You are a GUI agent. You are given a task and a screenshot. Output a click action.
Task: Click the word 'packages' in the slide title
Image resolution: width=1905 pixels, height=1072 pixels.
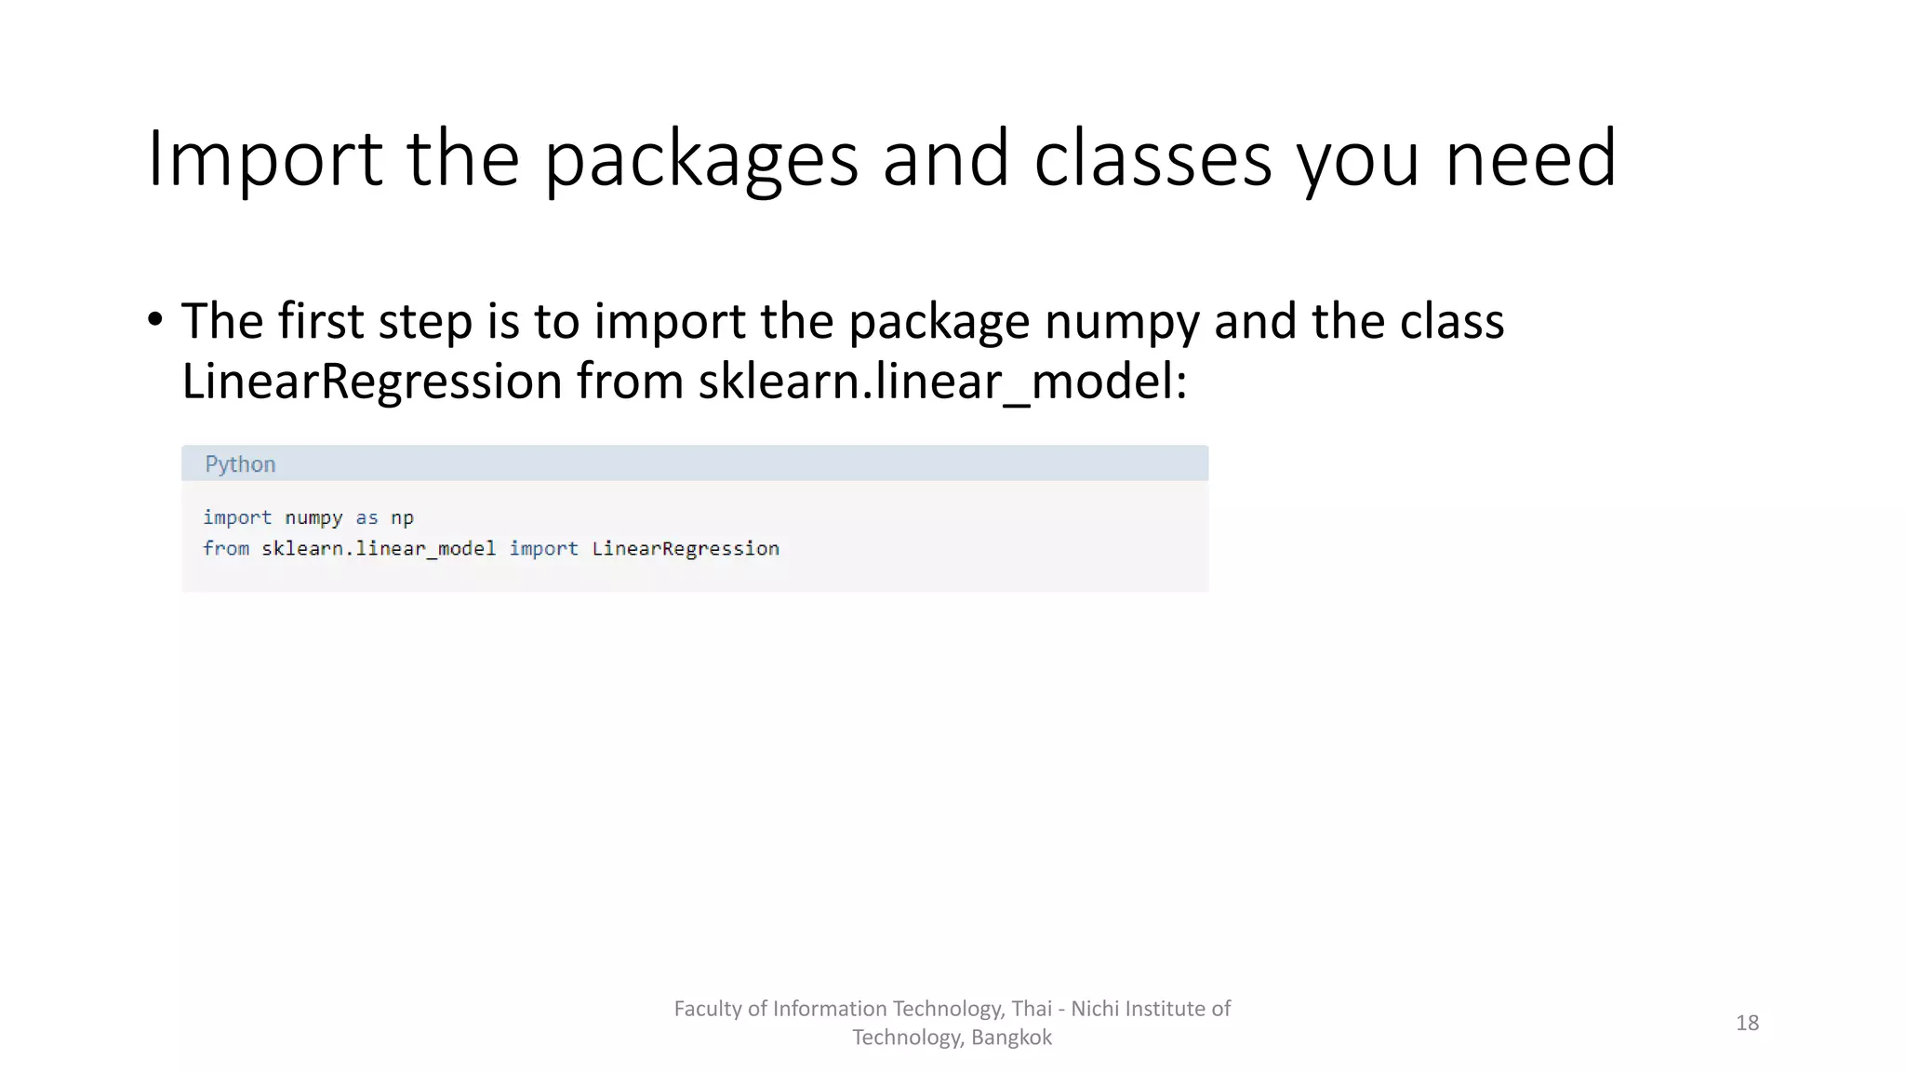coord(700,159)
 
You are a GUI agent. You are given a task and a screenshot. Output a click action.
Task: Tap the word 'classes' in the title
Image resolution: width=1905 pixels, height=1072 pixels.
coord(1152,159)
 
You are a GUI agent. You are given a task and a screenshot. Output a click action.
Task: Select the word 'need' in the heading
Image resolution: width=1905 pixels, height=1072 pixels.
coord(1530,159)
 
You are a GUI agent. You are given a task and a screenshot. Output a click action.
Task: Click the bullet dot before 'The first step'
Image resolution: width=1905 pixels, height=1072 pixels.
coord(155,320)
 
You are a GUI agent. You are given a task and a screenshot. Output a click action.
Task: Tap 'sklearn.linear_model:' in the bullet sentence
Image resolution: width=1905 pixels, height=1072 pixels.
coord(942,382)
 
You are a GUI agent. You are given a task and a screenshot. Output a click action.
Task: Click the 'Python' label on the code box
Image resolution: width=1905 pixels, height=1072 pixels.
coord(240,464)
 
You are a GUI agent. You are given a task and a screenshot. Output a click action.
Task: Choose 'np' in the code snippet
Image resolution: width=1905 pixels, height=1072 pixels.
coord(402,517)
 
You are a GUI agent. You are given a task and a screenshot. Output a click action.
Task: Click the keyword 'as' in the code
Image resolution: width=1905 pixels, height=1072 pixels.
coord(367,517)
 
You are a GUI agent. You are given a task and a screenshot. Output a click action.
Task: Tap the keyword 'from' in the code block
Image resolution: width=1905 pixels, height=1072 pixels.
coord(226,549)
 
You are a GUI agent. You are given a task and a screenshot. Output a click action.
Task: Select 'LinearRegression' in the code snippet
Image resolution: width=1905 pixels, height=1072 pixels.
coord(686,549)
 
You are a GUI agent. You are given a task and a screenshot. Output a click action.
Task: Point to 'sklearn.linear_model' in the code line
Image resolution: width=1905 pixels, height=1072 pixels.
coord(379,549)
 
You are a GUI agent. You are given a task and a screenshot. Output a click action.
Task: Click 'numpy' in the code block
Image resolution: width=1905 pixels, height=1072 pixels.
coord(313,517)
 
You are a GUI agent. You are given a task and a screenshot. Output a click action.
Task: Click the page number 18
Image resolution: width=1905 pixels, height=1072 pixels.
coord(1747,1023)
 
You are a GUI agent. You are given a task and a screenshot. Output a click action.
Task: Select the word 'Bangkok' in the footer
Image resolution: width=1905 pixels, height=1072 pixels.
coord(1011,1038)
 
